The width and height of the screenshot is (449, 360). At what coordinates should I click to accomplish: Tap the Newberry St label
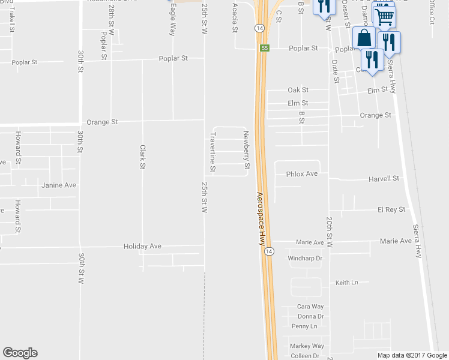246,149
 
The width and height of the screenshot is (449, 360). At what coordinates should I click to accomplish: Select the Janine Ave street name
59,185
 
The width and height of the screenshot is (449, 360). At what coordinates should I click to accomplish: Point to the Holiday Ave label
143,247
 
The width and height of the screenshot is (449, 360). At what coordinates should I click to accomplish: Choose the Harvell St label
384,179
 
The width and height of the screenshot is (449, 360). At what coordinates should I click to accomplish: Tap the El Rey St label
391,210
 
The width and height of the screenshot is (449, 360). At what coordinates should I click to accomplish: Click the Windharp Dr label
306,259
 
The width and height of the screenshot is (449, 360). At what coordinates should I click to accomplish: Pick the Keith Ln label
346,283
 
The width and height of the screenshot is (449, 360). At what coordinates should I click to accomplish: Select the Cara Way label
310,307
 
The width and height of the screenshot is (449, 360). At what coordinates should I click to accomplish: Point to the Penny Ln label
304,326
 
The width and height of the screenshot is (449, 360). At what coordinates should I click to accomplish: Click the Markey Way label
307,346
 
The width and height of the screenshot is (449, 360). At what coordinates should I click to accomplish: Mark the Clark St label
143,157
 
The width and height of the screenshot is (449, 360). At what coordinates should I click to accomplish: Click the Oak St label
298,90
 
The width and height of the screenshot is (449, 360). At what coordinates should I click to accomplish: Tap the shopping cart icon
384,17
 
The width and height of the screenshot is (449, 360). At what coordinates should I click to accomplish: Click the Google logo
20,353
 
